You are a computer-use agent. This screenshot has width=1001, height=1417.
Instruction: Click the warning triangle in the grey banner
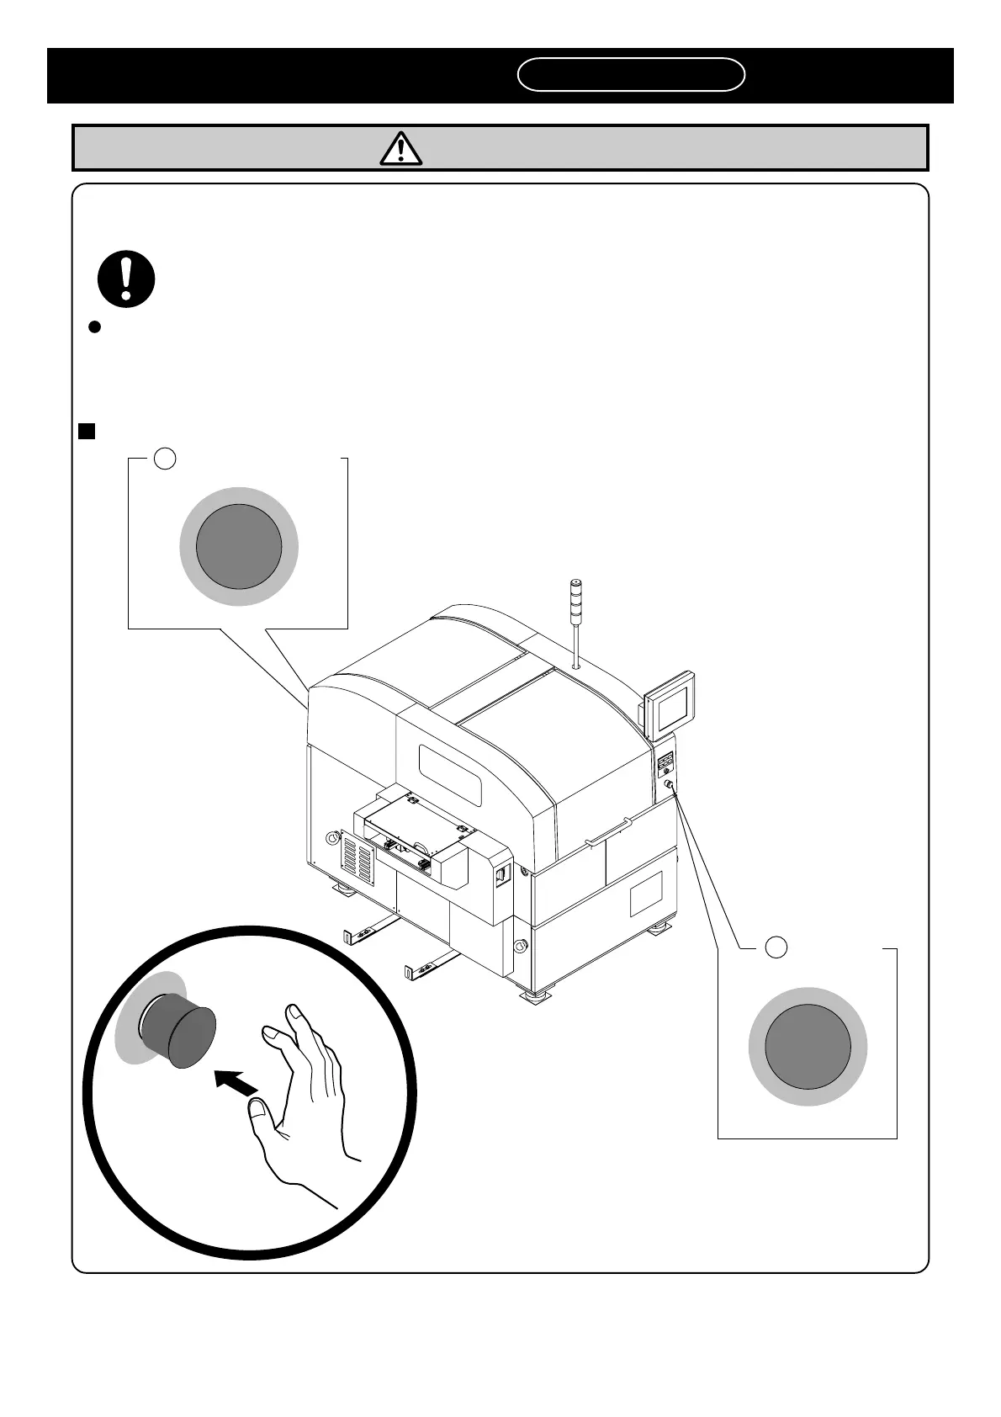pos(401,148)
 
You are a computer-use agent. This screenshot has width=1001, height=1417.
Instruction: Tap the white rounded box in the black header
pos(631,74)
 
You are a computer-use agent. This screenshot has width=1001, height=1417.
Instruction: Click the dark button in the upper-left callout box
pos(239,547)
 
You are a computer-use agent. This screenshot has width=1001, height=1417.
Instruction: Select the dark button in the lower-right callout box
pos(808,1046)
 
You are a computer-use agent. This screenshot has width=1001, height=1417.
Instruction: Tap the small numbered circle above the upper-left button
pos(166,459)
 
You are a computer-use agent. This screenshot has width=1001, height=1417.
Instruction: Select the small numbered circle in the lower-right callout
pos(776,947)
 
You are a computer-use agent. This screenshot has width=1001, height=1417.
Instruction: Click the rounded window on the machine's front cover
pos(451,772)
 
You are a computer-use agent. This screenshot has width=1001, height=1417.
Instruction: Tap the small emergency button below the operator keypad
pos(668,784)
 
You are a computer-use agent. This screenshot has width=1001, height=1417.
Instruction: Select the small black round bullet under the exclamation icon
pos(95,327)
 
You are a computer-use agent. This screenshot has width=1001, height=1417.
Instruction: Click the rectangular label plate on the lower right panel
pos(646,893)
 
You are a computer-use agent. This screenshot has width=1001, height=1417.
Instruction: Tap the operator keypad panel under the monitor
pos(665,765)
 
